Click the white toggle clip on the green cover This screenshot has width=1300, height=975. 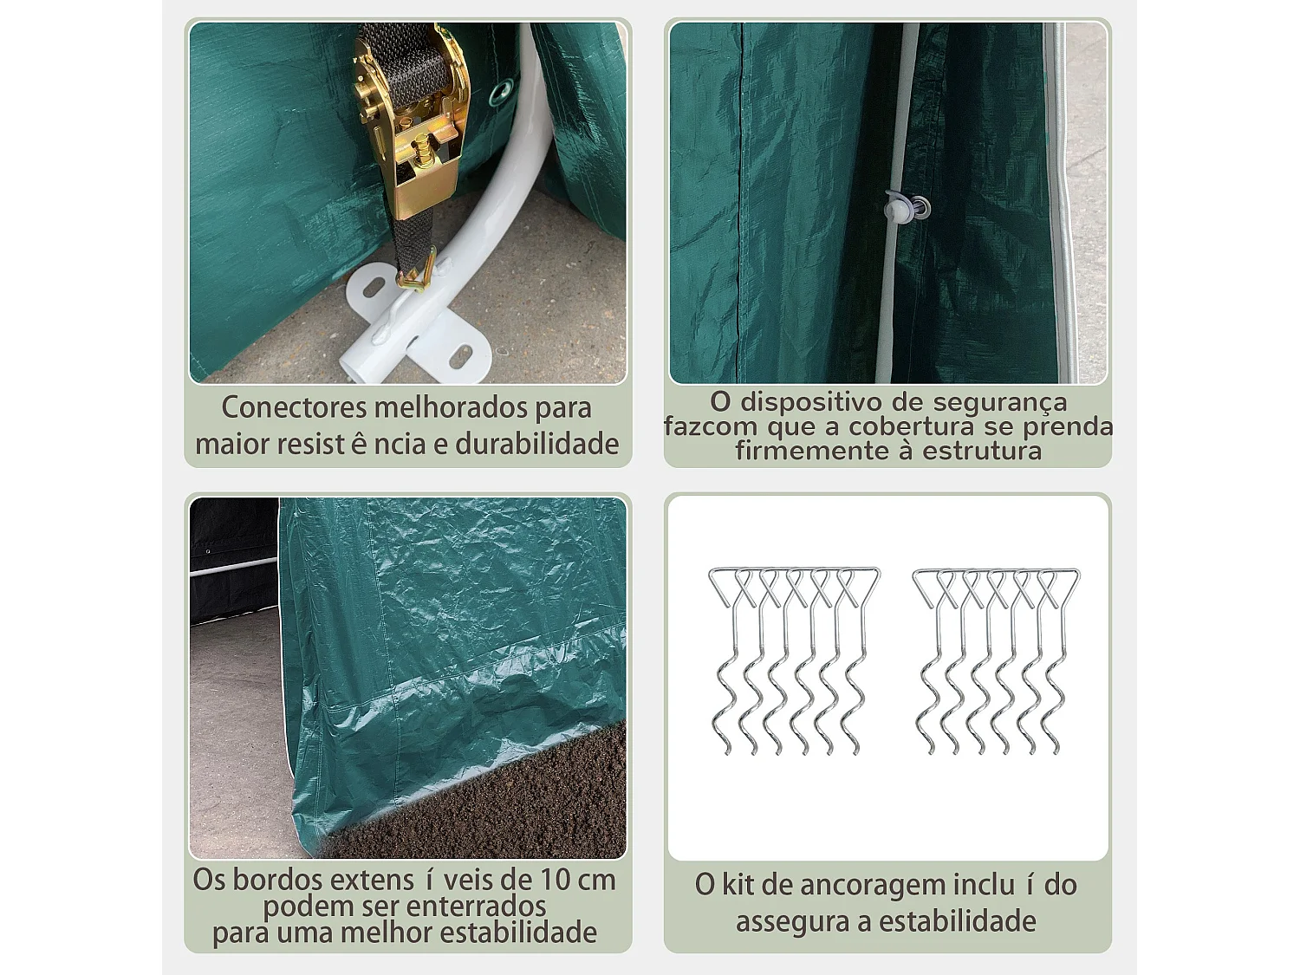[898, 206]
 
